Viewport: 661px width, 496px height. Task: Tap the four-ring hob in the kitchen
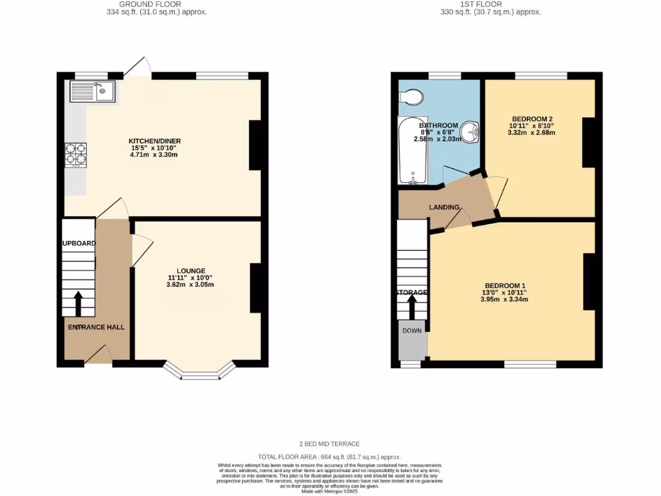(x=75, y=154)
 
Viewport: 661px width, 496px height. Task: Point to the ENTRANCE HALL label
(x=97, y=327)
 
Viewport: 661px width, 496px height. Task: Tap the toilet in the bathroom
(x=411, y=98)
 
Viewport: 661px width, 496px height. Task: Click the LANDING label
(x=444, y=207)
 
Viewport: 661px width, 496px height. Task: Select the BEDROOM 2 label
(x=532, y=119)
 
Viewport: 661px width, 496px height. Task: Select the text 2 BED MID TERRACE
(x=329, y=444)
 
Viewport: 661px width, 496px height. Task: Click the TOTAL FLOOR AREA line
(x=329, y=456)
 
